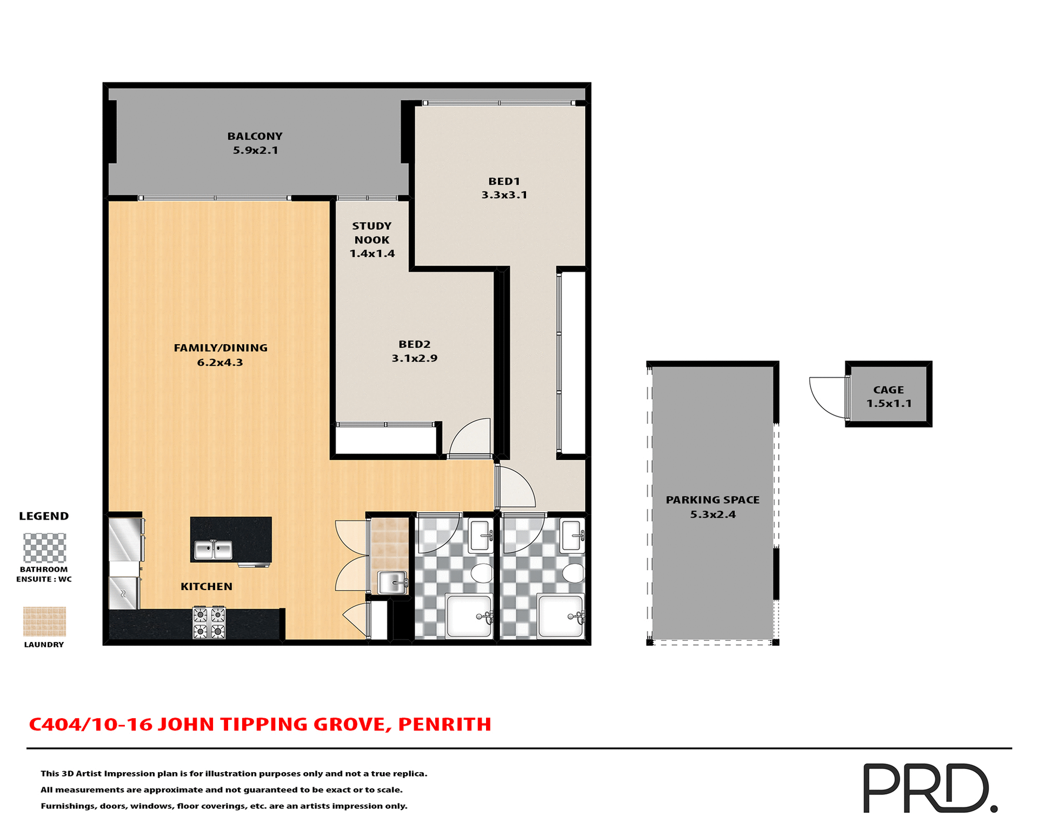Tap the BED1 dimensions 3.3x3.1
(504, 195)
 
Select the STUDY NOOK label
(371, 233)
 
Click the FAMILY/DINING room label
(221, 348)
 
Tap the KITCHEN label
(206, 586)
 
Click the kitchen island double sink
(213, 550)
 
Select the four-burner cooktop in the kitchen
(209, 622)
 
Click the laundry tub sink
(392, 583)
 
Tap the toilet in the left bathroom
(481, 573)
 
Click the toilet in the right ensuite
(573, 573)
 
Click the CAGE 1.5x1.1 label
(888, 397)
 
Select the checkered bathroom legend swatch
(44, 548)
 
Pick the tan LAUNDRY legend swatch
(44, 621)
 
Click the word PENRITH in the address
(444, 725)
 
